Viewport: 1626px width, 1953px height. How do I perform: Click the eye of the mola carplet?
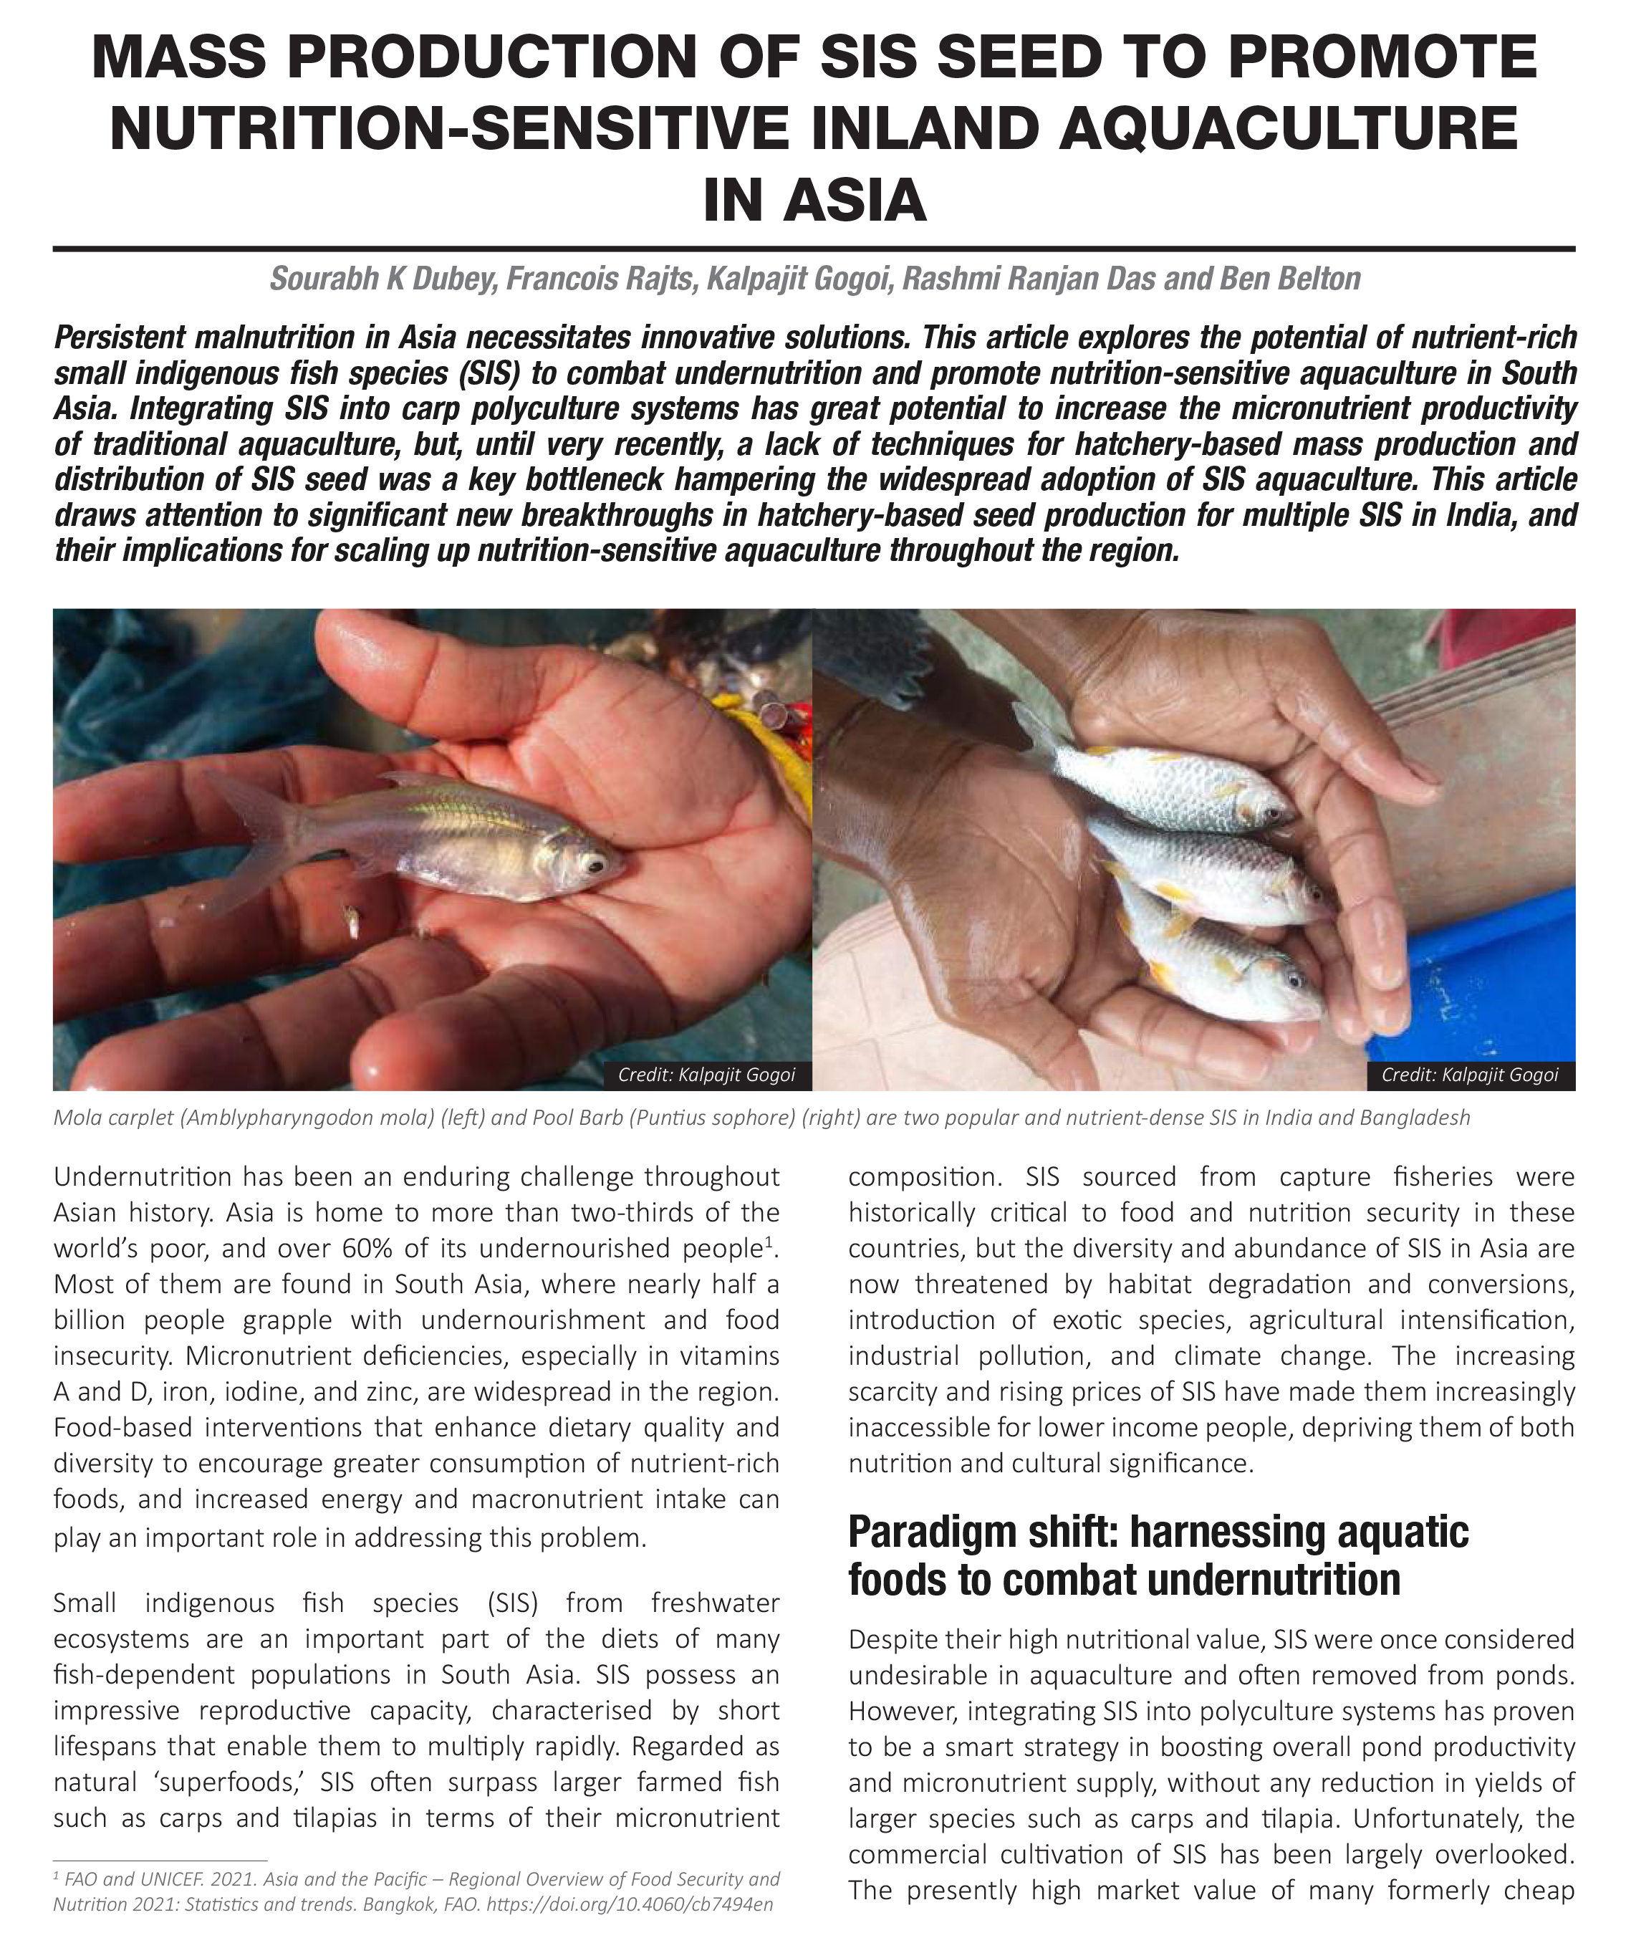tap(592, 865)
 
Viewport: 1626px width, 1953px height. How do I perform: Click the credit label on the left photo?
tap(706, 1075)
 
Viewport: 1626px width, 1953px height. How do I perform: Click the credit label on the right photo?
tap(1469, 1075)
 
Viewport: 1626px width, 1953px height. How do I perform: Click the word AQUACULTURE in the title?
tap(1288, 128)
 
